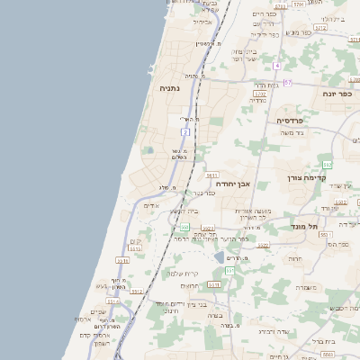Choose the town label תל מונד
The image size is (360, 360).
click(306, 227)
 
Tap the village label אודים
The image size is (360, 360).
click(151, 206)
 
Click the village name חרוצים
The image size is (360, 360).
click(189, 285)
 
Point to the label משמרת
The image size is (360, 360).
click(306, 287)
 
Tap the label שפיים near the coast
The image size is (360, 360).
click(98, 311)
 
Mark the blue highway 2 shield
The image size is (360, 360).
click(186, 132)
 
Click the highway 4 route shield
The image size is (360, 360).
click(277, 66)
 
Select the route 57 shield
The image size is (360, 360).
click(288, 82)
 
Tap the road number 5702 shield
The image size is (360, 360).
click(260, 93)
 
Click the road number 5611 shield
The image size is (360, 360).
click(212, 174)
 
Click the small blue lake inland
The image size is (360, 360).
click(220, 257)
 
